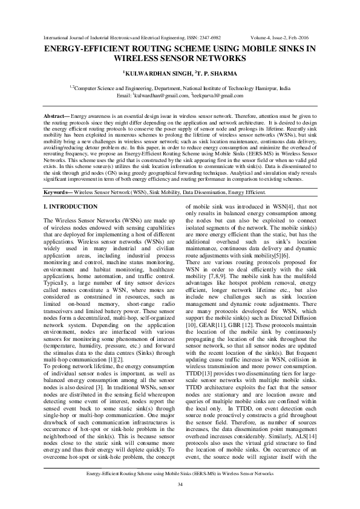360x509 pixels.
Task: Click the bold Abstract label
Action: tap(58, 115)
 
